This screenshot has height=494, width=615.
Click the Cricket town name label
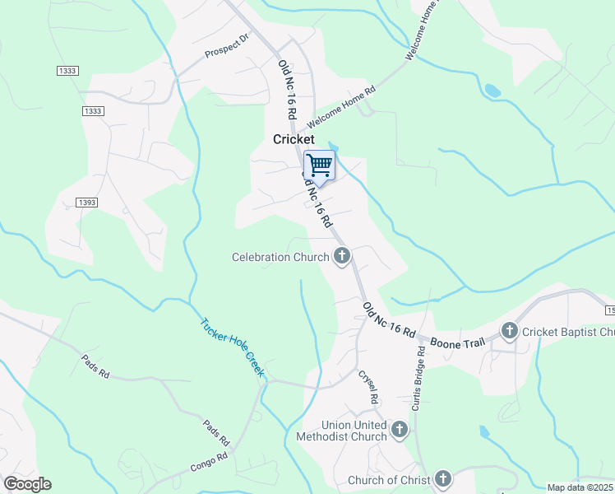pos(294,140)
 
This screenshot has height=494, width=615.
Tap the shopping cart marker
pos(319,165)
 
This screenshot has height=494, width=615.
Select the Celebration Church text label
pos(280,258)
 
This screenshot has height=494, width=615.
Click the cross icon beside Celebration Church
pos(341,258)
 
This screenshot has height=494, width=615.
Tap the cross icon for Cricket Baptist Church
pos(509,331)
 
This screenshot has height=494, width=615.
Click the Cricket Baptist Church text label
pos(568,332)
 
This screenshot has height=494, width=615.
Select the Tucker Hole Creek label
pos(233,347)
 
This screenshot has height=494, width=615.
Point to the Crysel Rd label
pos(368,386)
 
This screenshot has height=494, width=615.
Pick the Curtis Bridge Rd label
pos(420,378)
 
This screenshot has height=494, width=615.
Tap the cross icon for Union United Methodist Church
pos(400,429)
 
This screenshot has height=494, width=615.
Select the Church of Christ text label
pos(388,480)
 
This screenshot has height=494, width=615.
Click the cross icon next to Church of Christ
pos(442,479)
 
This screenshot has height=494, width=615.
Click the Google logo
pos(27,484)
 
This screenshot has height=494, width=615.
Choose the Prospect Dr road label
pos(226,47)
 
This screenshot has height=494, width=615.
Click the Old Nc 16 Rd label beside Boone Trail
pos(389,319)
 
